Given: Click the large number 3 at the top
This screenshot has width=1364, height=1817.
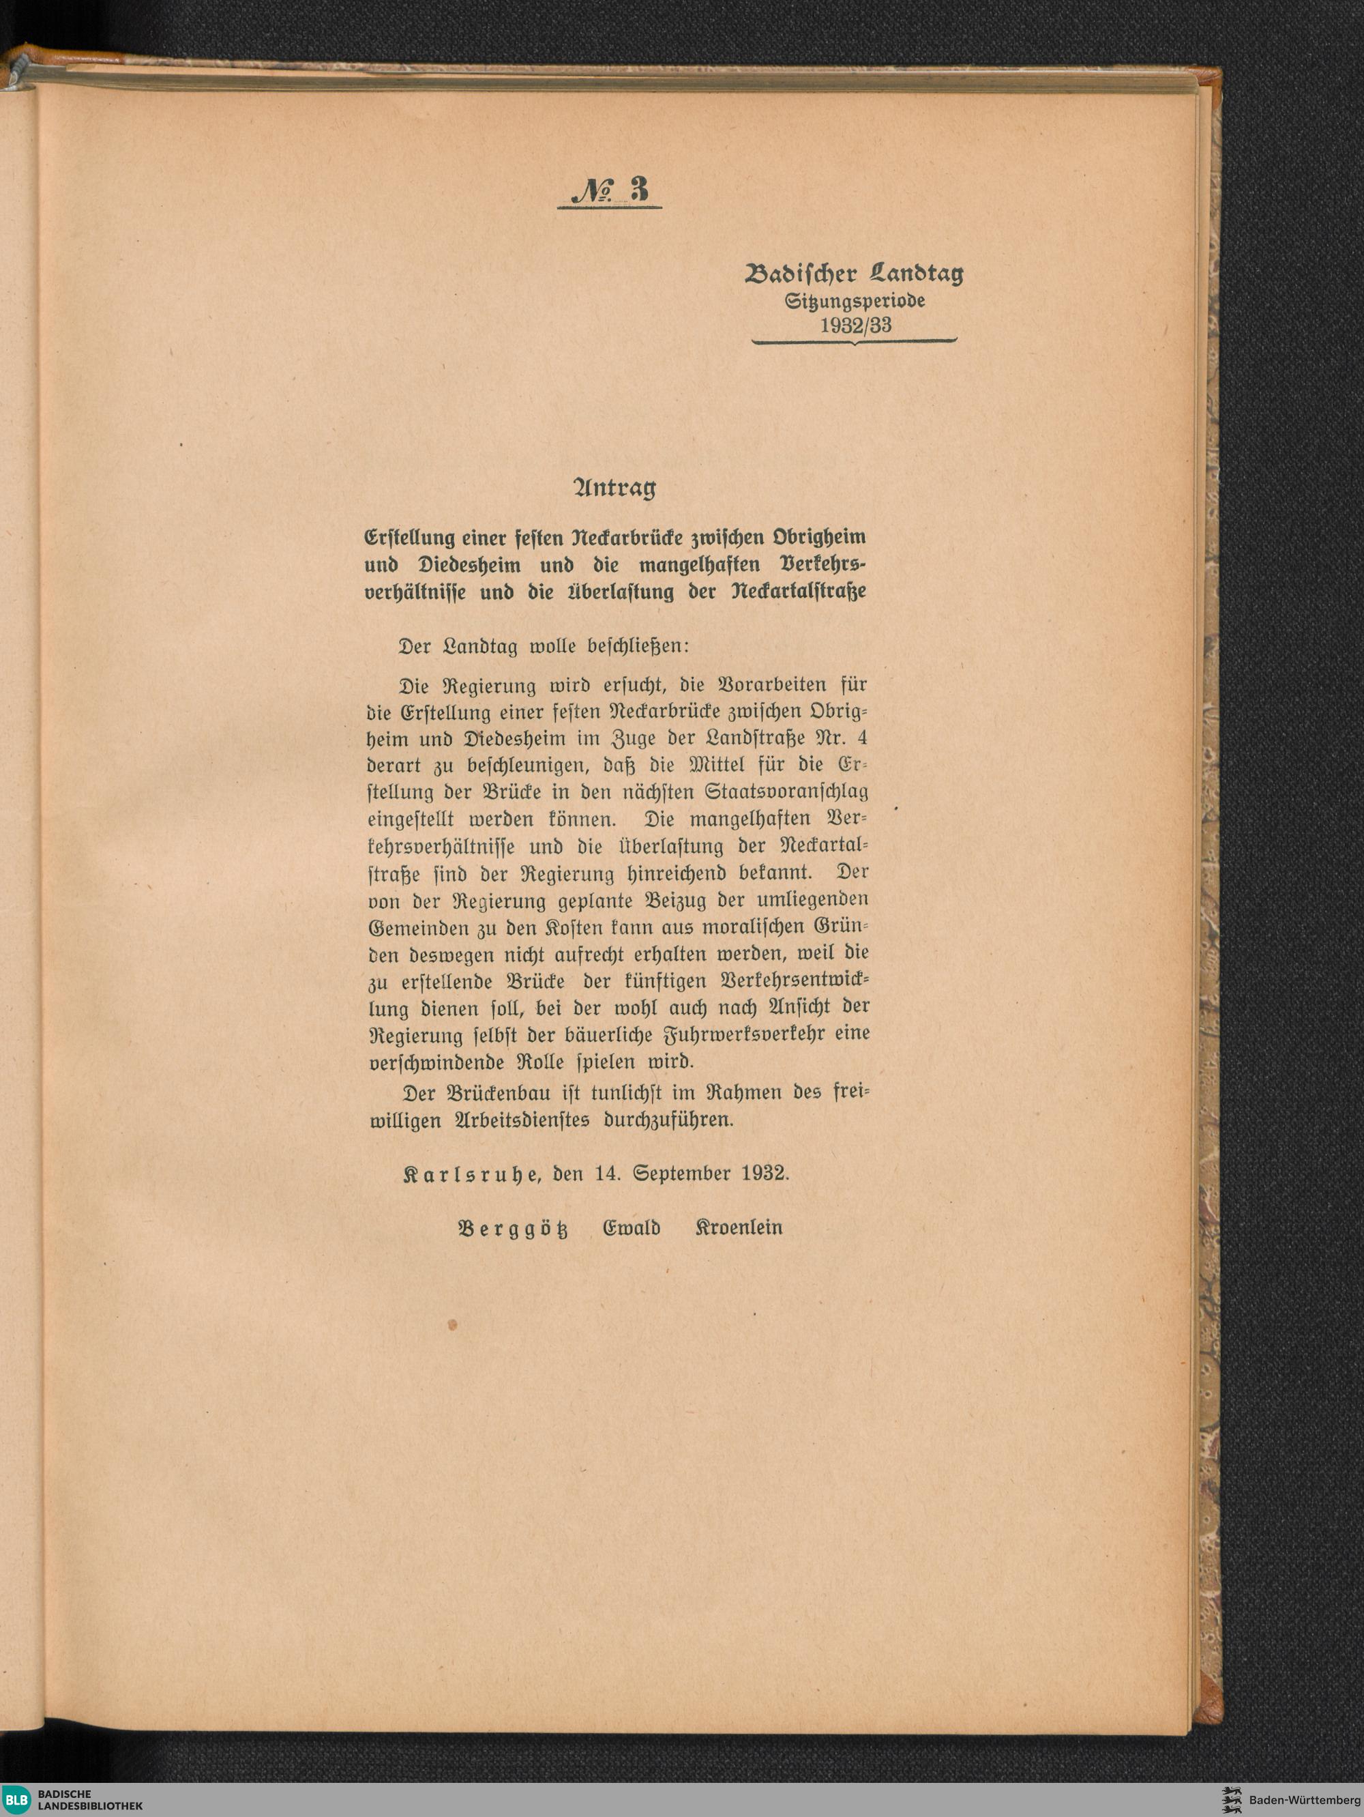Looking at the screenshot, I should point(639,190).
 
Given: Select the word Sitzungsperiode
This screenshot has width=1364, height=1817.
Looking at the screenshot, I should point(855,301).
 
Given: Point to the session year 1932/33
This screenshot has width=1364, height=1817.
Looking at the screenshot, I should point(855,325).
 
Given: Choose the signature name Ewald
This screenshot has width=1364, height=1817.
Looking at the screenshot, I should point(632,1228).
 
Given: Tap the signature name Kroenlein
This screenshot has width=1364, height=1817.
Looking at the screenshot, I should point(738,1228).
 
